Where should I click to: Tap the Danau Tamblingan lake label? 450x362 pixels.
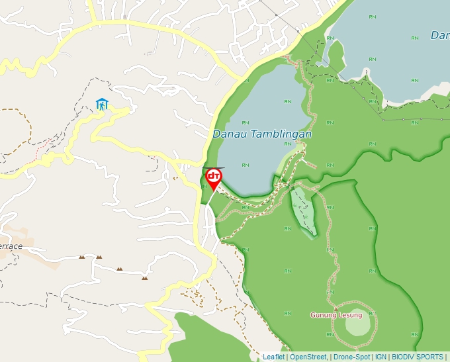[x=262, y=134]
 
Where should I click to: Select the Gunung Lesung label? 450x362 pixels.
[x=336, y=315]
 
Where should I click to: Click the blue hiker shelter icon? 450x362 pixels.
[x=102, y=104]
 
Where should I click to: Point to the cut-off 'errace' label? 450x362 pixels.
[x=11, y=246]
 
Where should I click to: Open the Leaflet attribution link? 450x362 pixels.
[x=273, y=357]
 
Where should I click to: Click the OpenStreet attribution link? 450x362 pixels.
[x=308, y=357]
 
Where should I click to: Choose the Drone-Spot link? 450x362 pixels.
[x=352, y=357]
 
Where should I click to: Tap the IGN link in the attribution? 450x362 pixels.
[x=381, y=357]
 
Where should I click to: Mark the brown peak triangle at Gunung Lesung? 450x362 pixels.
[x=336, y=308]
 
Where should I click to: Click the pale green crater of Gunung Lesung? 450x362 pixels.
[x=357, y=322]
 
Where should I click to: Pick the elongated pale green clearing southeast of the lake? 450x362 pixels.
[x=303, y=210]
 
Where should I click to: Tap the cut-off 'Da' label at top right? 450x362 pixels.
[x=440, y=35]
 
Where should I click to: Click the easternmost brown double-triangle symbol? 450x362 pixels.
[x=144, y=278]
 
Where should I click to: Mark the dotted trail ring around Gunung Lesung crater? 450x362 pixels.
[x=376, y=324]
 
